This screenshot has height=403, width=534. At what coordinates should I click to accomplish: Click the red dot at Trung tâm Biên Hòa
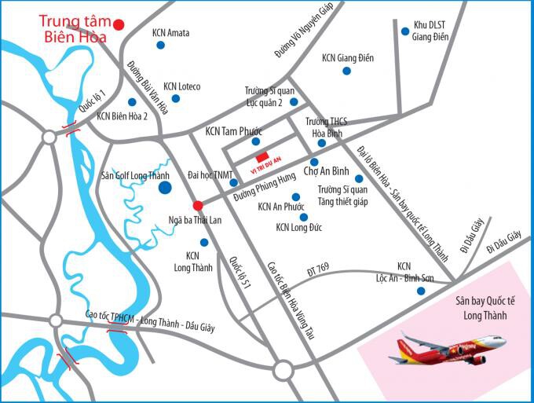[x=119, y=24]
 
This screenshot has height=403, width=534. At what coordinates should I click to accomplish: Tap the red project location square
[x=262, y=156]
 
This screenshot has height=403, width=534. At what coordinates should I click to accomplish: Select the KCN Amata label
[x=170, y=33]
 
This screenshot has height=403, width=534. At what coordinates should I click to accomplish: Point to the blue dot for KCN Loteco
[x=175, y=98]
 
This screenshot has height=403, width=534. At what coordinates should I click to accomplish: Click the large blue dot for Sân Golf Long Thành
[x=165, y=188]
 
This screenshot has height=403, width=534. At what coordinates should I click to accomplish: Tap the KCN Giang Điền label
[x=347, y=58]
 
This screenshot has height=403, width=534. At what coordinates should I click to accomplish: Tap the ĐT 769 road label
[x=318, y=270]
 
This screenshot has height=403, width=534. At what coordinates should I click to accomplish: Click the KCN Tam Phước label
[x=234, y=132]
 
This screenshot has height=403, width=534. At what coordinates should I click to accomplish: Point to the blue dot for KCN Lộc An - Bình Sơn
[x=421, y=291]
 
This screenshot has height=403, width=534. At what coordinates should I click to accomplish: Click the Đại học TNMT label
[x=211, y=174]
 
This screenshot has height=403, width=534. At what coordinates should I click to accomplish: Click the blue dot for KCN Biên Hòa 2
[x=131, y=102]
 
